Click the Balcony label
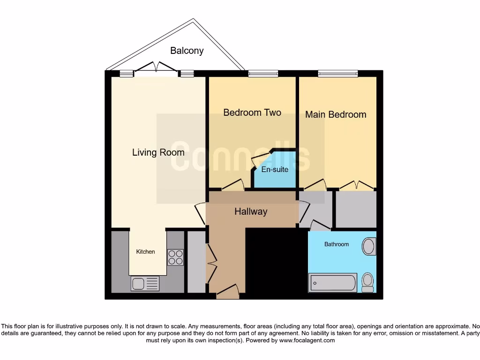click(x=187, y=51)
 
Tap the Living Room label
click(x=158, y=152)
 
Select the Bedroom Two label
click(x=252, y=112)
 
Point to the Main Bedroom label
click(x=336, y=114)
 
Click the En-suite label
click(x=275, y=170)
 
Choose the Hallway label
click(x=251, y=211)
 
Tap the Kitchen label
click(x=145, y=252)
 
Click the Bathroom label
click(x=337, y=244)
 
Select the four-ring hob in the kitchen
click(x=175, y=257)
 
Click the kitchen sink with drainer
click(x=145, y=283)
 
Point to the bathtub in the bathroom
click(x=333, y=283)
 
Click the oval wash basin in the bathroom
click(x=369, y=247)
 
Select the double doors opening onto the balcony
click(x=156, y=69)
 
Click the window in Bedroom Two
click(x=263, y=74)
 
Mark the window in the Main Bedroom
click(x=337, y=74)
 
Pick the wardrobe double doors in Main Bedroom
click(x=356, y=186)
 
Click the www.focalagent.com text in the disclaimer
click(x=307, y=341)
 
